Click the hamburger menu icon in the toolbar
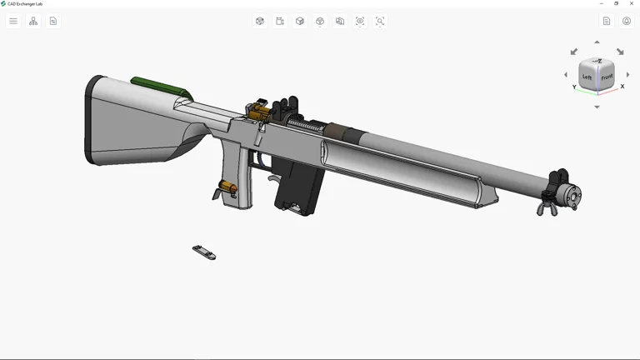pyautogui.click(x=13, y=21)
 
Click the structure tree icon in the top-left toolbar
pyautogui.click(x=33, y=21)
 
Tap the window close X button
pyautogui.click(x=632, y=3)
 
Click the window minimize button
pyautogui.click(x=602, y=3)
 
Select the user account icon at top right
pyautogui.click(x=627, y=21)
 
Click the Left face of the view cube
pyautogui.click(x=587, y=77)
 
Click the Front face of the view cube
pyautogui.click(x=607, y=77)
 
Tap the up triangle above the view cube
pyautogui.click(x=597, y=42)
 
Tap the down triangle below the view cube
pyautogui.click(x=597, y=107)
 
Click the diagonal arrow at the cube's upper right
pyautogui.click(x=620, y=52)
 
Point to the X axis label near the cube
pyautogui.click(x=622, y=87)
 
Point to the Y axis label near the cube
pyautogui.click(x=574, y=87)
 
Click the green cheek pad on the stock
pyautogui.click(x=158, y=86)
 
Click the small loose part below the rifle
pyautogui.click(x=204, y=252)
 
